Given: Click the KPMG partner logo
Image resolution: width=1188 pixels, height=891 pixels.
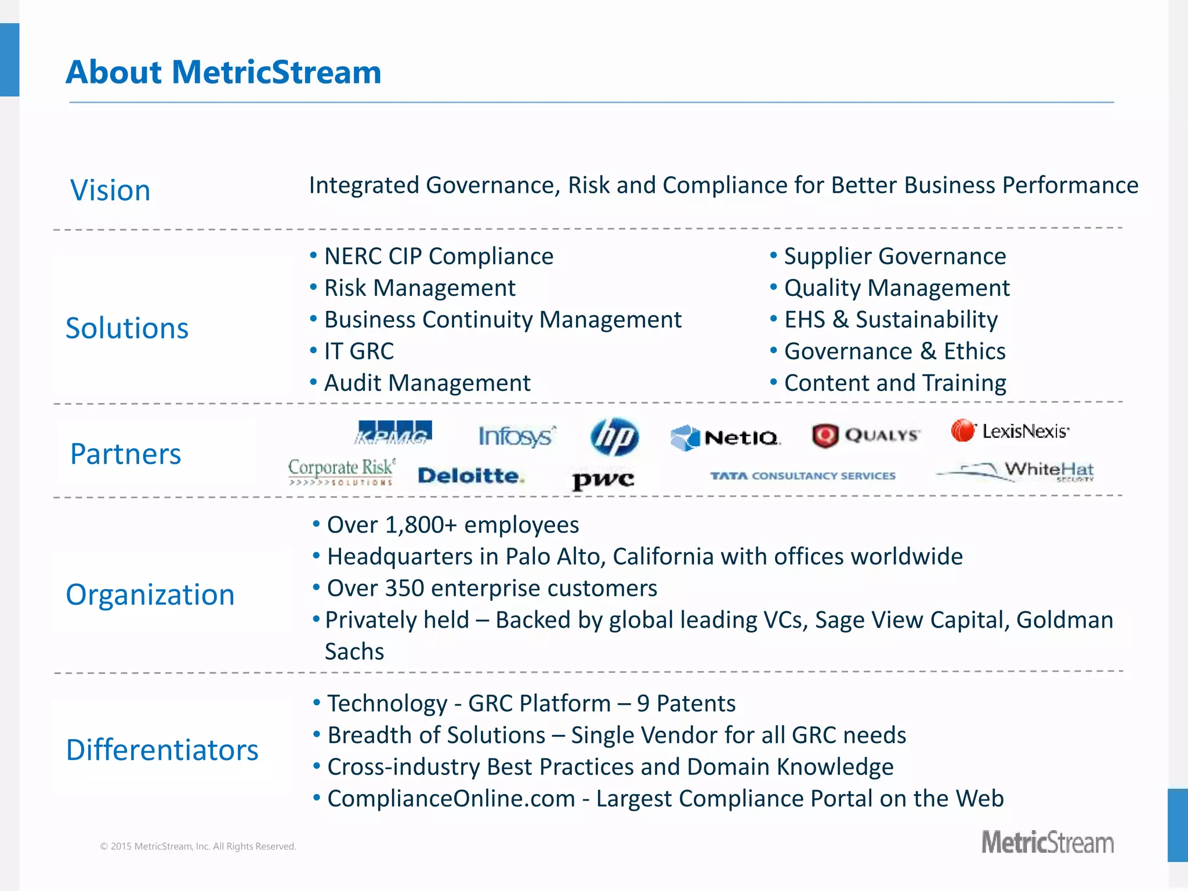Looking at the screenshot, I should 394,433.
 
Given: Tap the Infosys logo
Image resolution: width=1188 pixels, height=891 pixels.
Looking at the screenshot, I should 516,436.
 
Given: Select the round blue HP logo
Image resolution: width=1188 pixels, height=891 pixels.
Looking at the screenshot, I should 614,437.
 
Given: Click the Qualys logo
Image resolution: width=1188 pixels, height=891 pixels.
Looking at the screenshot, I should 866,435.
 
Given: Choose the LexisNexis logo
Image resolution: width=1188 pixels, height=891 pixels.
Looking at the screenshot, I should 1009,431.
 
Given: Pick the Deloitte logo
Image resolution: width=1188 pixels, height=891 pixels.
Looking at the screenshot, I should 470,476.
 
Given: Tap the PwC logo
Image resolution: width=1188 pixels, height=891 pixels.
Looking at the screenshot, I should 603,479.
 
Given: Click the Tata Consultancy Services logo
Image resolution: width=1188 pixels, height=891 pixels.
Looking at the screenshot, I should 803,476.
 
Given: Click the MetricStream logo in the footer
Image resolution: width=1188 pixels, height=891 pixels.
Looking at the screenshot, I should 1047,842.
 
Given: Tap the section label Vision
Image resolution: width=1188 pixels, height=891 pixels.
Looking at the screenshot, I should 110,190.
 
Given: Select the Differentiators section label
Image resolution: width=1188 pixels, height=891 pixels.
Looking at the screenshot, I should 162,749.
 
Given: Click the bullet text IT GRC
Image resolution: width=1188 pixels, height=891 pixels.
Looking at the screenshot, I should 358,352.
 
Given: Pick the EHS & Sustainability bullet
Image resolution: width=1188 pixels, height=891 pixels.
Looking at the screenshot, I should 890,320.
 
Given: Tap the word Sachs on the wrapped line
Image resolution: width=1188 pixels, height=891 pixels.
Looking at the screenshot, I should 354,652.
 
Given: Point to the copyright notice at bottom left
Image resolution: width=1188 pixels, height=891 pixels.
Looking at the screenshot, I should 198,846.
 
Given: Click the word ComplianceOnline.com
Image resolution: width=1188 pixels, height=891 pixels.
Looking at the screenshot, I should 451,799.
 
